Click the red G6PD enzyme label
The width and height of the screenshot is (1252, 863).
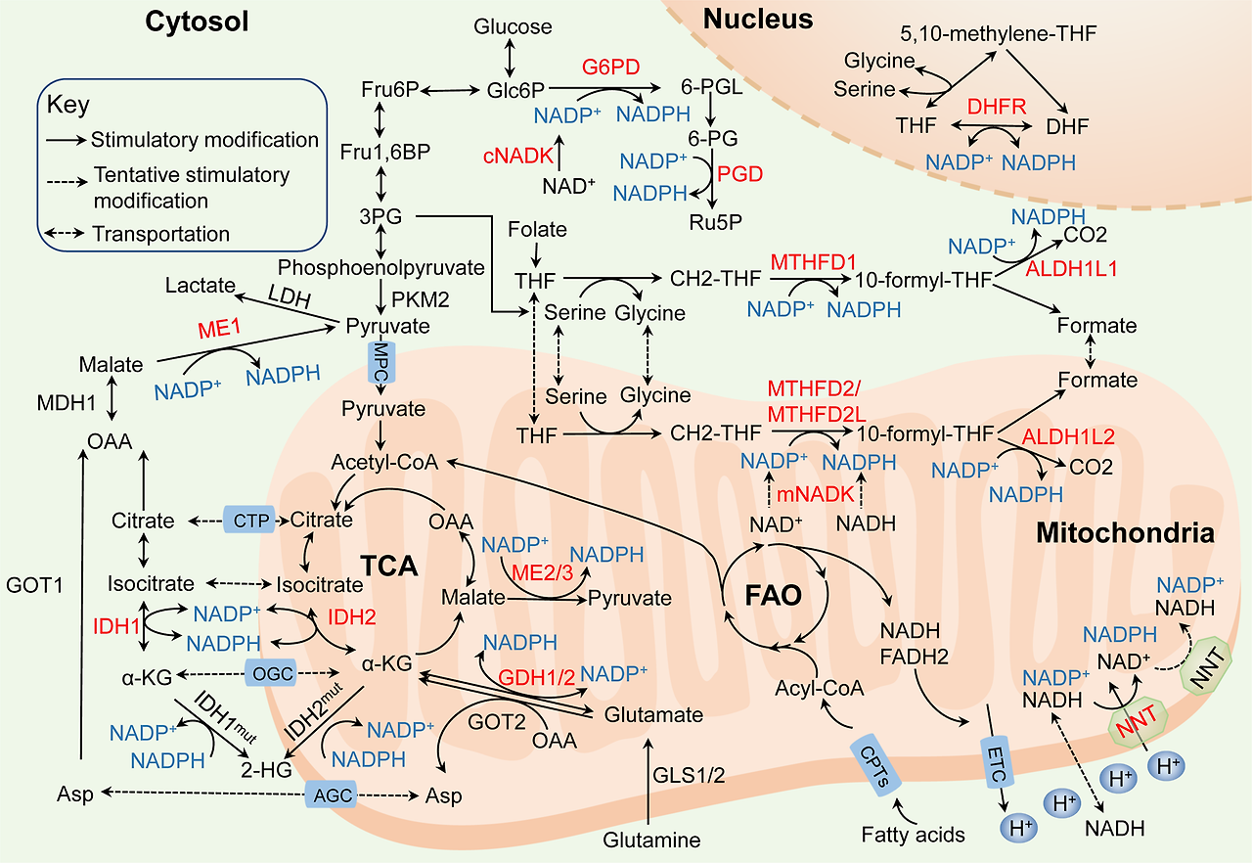tap(611, 68)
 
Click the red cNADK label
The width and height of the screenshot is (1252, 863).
tap(514, 156)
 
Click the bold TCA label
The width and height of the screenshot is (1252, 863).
tap(388, 567)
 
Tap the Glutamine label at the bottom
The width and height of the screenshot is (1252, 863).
tap(651, 840)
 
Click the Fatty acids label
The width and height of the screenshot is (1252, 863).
tap(914, 835)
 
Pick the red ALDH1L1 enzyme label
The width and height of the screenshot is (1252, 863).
tap(1071, 267)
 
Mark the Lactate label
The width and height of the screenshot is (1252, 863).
tap(201, 286)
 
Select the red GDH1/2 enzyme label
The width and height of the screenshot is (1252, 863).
tap(536, 677)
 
